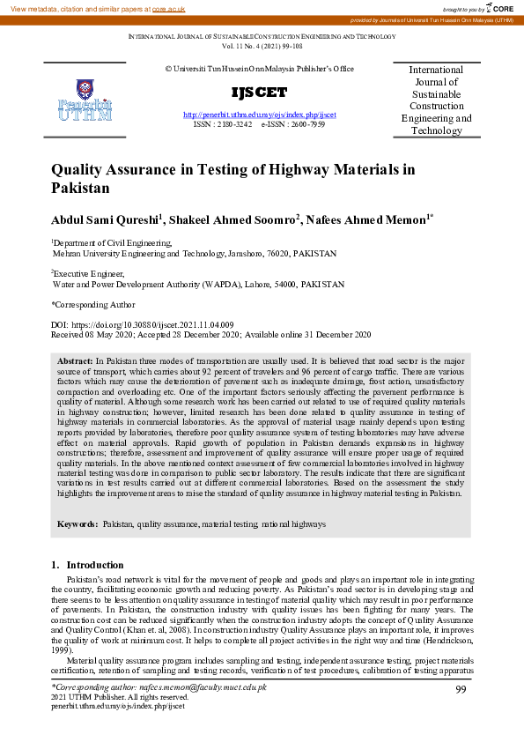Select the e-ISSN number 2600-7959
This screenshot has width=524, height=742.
tap(306, 125)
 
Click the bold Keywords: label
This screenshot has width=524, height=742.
tap(77, 523)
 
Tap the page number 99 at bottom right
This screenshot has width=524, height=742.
tap(461, 690)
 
